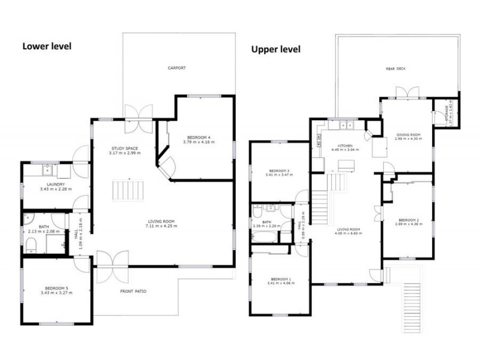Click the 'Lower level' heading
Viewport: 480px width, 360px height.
(x=47, y=46)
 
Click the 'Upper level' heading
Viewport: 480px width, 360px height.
(x=275, y=49)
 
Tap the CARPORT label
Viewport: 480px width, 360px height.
(x=176, y=68)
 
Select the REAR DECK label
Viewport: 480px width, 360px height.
(x=395, y=69)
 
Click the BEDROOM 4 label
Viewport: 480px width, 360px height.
(x=199, y=137)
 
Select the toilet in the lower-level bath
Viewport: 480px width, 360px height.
(x=31, y=243)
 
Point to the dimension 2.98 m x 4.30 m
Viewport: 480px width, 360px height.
(x=409, y=139)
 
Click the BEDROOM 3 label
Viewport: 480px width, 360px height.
(x=280, y=170)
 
